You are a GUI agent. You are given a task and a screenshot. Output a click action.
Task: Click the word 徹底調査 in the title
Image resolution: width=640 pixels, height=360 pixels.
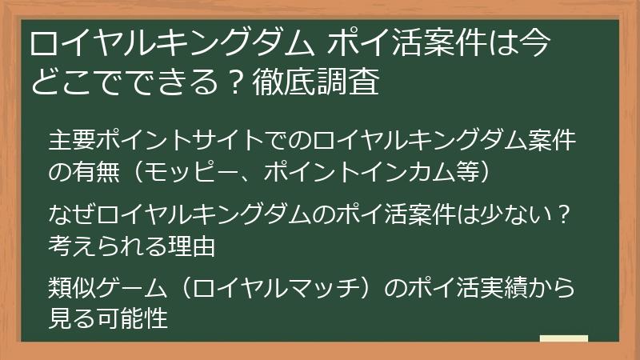(316, 82)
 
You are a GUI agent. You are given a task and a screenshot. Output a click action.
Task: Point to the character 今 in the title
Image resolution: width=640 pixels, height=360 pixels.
(535, 43)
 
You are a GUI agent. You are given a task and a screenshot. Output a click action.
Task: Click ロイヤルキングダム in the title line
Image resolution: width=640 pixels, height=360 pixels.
(172, 43)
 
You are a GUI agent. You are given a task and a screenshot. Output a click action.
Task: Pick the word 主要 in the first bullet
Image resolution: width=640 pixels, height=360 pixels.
(72, 140)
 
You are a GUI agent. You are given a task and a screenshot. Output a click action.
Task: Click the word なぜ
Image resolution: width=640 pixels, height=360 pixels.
(72, 214)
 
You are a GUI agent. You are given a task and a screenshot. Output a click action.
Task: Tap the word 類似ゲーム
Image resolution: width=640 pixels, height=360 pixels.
(108, 287)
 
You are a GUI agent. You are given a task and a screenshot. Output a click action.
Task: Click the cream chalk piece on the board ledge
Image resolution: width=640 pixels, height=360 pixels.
(564, 338)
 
